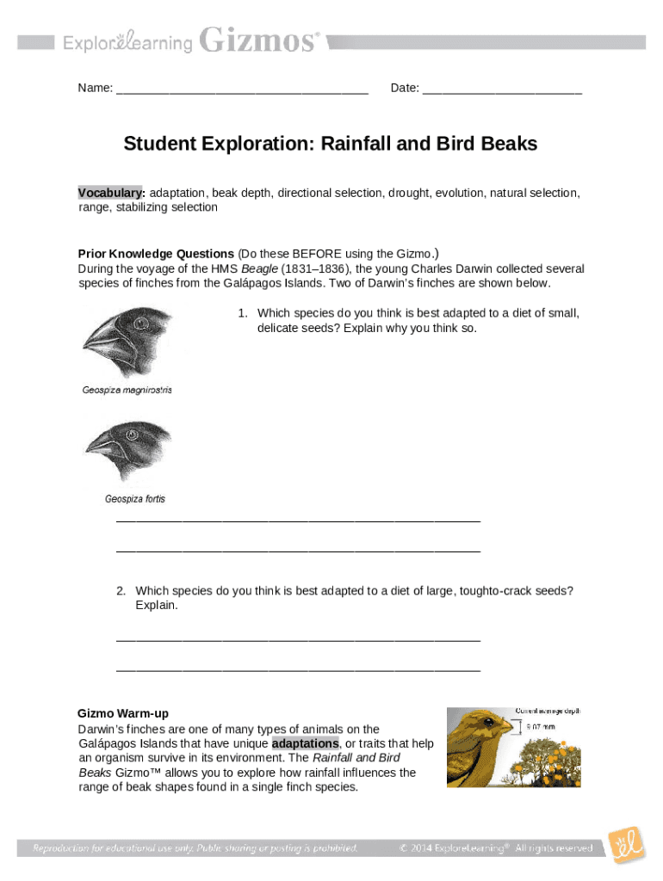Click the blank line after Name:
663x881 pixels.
[242, 89]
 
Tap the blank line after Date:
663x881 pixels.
[502, 89]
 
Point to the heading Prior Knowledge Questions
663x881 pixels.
[156, 254]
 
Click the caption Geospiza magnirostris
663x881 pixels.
[127, 390]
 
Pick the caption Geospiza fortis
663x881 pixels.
[135, 499]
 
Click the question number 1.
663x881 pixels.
[243, 313]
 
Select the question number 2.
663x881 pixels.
[121, 590]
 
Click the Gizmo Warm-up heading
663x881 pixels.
[123, 713]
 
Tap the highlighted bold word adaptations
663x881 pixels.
[305, 743]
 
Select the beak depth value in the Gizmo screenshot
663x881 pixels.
[541, 727]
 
